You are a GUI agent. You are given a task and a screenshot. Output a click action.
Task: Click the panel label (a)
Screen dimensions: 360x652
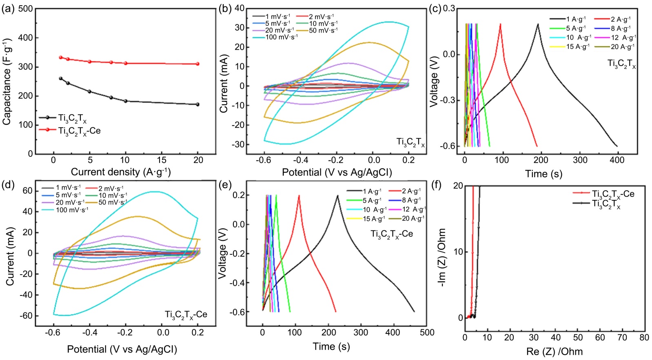[9, 9]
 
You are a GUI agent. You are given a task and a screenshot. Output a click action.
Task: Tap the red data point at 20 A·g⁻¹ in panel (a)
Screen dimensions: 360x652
[198, 64]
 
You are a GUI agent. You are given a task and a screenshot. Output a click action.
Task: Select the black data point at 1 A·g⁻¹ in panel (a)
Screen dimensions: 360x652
[61, 78]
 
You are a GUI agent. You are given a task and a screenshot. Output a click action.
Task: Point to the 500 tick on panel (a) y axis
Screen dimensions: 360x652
[26, 9]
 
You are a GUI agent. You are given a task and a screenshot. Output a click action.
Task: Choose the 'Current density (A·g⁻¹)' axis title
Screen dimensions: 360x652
[121, 172]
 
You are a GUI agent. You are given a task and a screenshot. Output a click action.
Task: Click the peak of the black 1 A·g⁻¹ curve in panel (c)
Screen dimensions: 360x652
[538, 24]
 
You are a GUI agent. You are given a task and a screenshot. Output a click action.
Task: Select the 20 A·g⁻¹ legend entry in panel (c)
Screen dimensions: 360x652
[622, 47]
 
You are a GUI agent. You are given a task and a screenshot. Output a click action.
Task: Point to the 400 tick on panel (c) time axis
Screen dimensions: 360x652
[617, 160]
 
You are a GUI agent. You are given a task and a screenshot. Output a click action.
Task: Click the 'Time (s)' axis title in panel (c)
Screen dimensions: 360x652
[543, 174]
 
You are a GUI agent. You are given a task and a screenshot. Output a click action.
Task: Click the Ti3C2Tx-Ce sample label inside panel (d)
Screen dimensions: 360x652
[186, 315]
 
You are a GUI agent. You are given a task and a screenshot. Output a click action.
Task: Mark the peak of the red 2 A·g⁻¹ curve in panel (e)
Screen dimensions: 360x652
[299, 196]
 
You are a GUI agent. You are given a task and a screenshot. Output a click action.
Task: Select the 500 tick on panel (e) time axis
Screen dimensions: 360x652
[427, 333]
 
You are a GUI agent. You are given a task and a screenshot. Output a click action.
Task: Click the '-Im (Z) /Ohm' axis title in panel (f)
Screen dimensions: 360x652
[441, 258]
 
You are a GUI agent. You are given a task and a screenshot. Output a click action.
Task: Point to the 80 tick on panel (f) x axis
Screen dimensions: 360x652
[644, 338]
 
